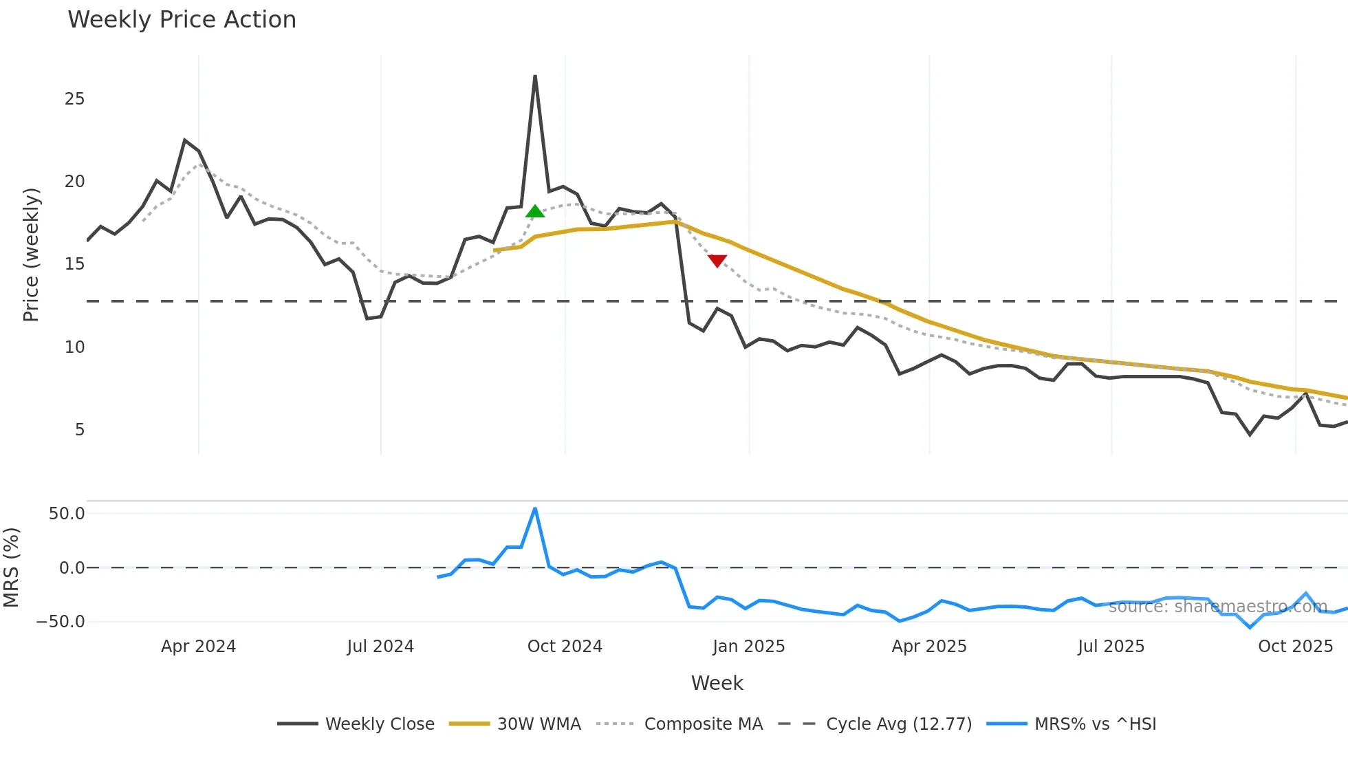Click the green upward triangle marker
(535, 211)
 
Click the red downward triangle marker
(717, 261)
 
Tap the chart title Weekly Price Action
(182, 20)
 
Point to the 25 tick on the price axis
(74, 99)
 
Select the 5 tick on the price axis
(80, 430)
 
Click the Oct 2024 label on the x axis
(565, 647)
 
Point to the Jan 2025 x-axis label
(748, 647)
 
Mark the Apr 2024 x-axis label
(198, 647)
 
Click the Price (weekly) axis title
(31, 255)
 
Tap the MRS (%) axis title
(11, 567)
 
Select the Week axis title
(717, 683)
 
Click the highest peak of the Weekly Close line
(535, 76)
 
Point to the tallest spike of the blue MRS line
(535, 509)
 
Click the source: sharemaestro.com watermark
(1217, 607)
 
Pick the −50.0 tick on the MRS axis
(61, 622)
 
